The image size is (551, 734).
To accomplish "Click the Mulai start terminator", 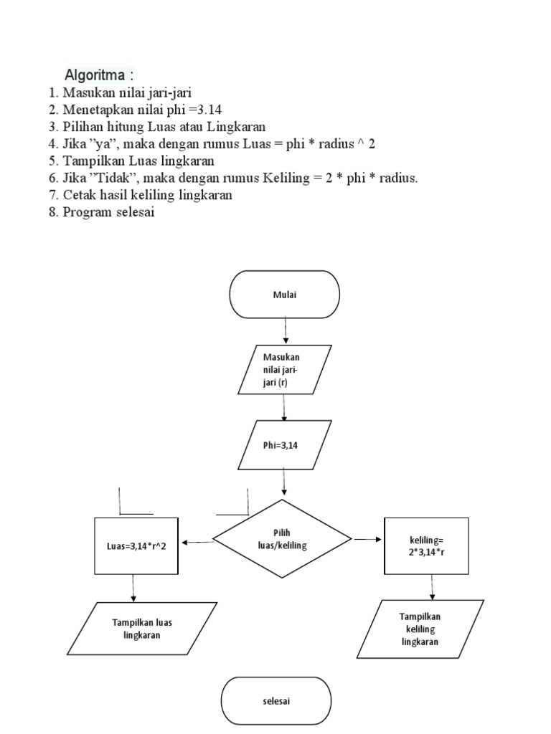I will [x=284, y=294].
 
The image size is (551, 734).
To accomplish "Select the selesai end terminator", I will [x=275, y=701].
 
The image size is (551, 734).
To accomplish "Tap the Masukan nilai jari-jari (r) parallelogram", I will [x=284, y=369].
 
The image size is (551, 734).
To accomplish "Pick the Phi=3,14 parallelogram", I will [x=284, y=444].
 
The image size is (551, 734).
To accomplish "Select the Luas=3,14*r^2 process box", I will [x=136, y=546].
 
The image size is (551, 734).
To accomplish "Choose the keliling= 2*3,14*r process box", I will [x=426, y=546].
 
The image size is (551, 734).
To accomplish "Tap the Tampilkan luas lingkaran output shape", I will [x=141, y=629].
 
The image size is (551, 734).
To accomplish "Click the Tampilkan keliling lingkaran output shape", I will [x=420, y=629].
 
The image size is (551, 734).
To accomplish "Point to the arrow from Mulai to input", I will [x=286, y=330].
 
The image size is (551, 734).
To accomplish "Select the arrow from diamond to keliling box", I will [x=368, y=539].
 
